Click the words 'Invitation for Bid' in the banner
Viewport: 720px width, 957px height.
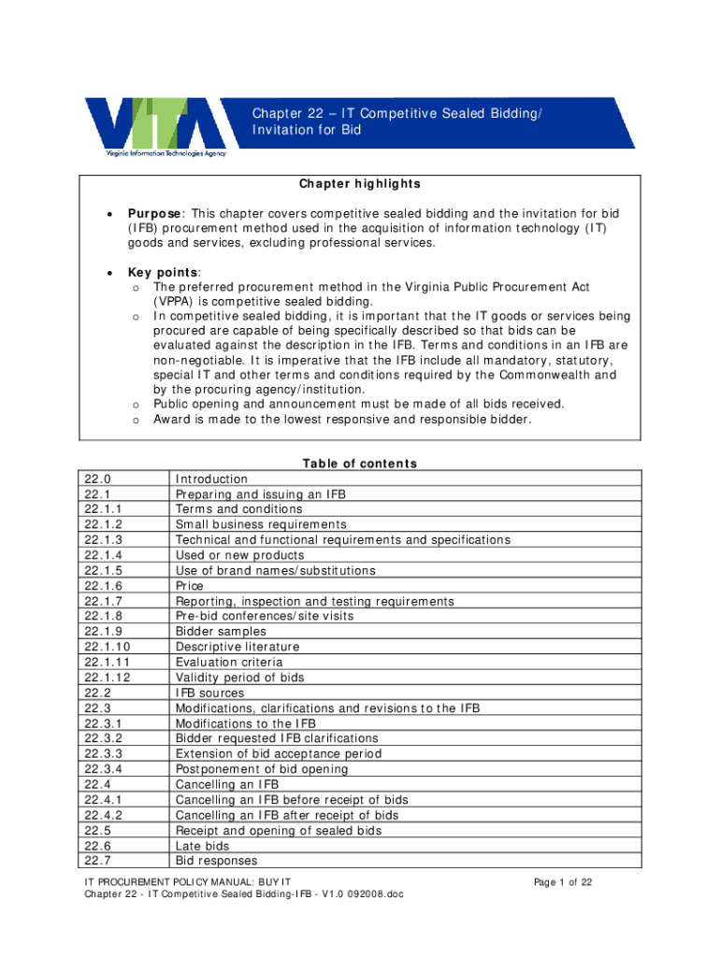[306, 130]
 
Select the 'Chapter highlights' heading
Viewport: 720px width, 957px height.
[360, 184]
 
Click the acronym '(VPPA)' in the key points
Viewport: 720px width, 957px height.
[175, 302]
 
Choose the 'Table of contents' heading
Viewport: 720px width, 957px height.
[360, 464]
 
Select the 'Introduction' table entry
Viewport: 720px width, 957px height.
[211, 479]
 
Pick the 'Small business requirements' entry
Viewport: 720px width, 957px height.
[261, 525]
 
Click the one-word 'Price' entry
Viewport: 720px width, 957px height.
[190, 586]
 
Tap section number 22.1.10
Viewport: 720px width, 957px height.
[106, 647]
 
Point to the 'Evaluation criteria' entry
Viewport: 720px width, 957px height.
[229, 663]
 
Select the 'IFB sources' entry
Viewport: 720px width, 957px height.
[209, 693]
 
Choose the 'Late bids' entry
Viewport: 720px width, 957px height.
[202, 846]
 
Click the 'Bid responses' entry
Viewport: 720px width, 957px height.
[216, 861]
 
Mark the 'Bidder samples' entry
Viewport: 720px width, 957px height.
[221, 632]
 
